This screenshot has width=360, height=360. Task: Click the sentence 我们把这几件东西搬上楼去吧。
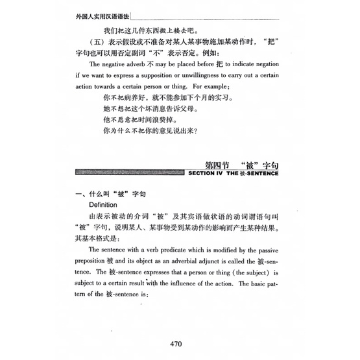tap(149, 30)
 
